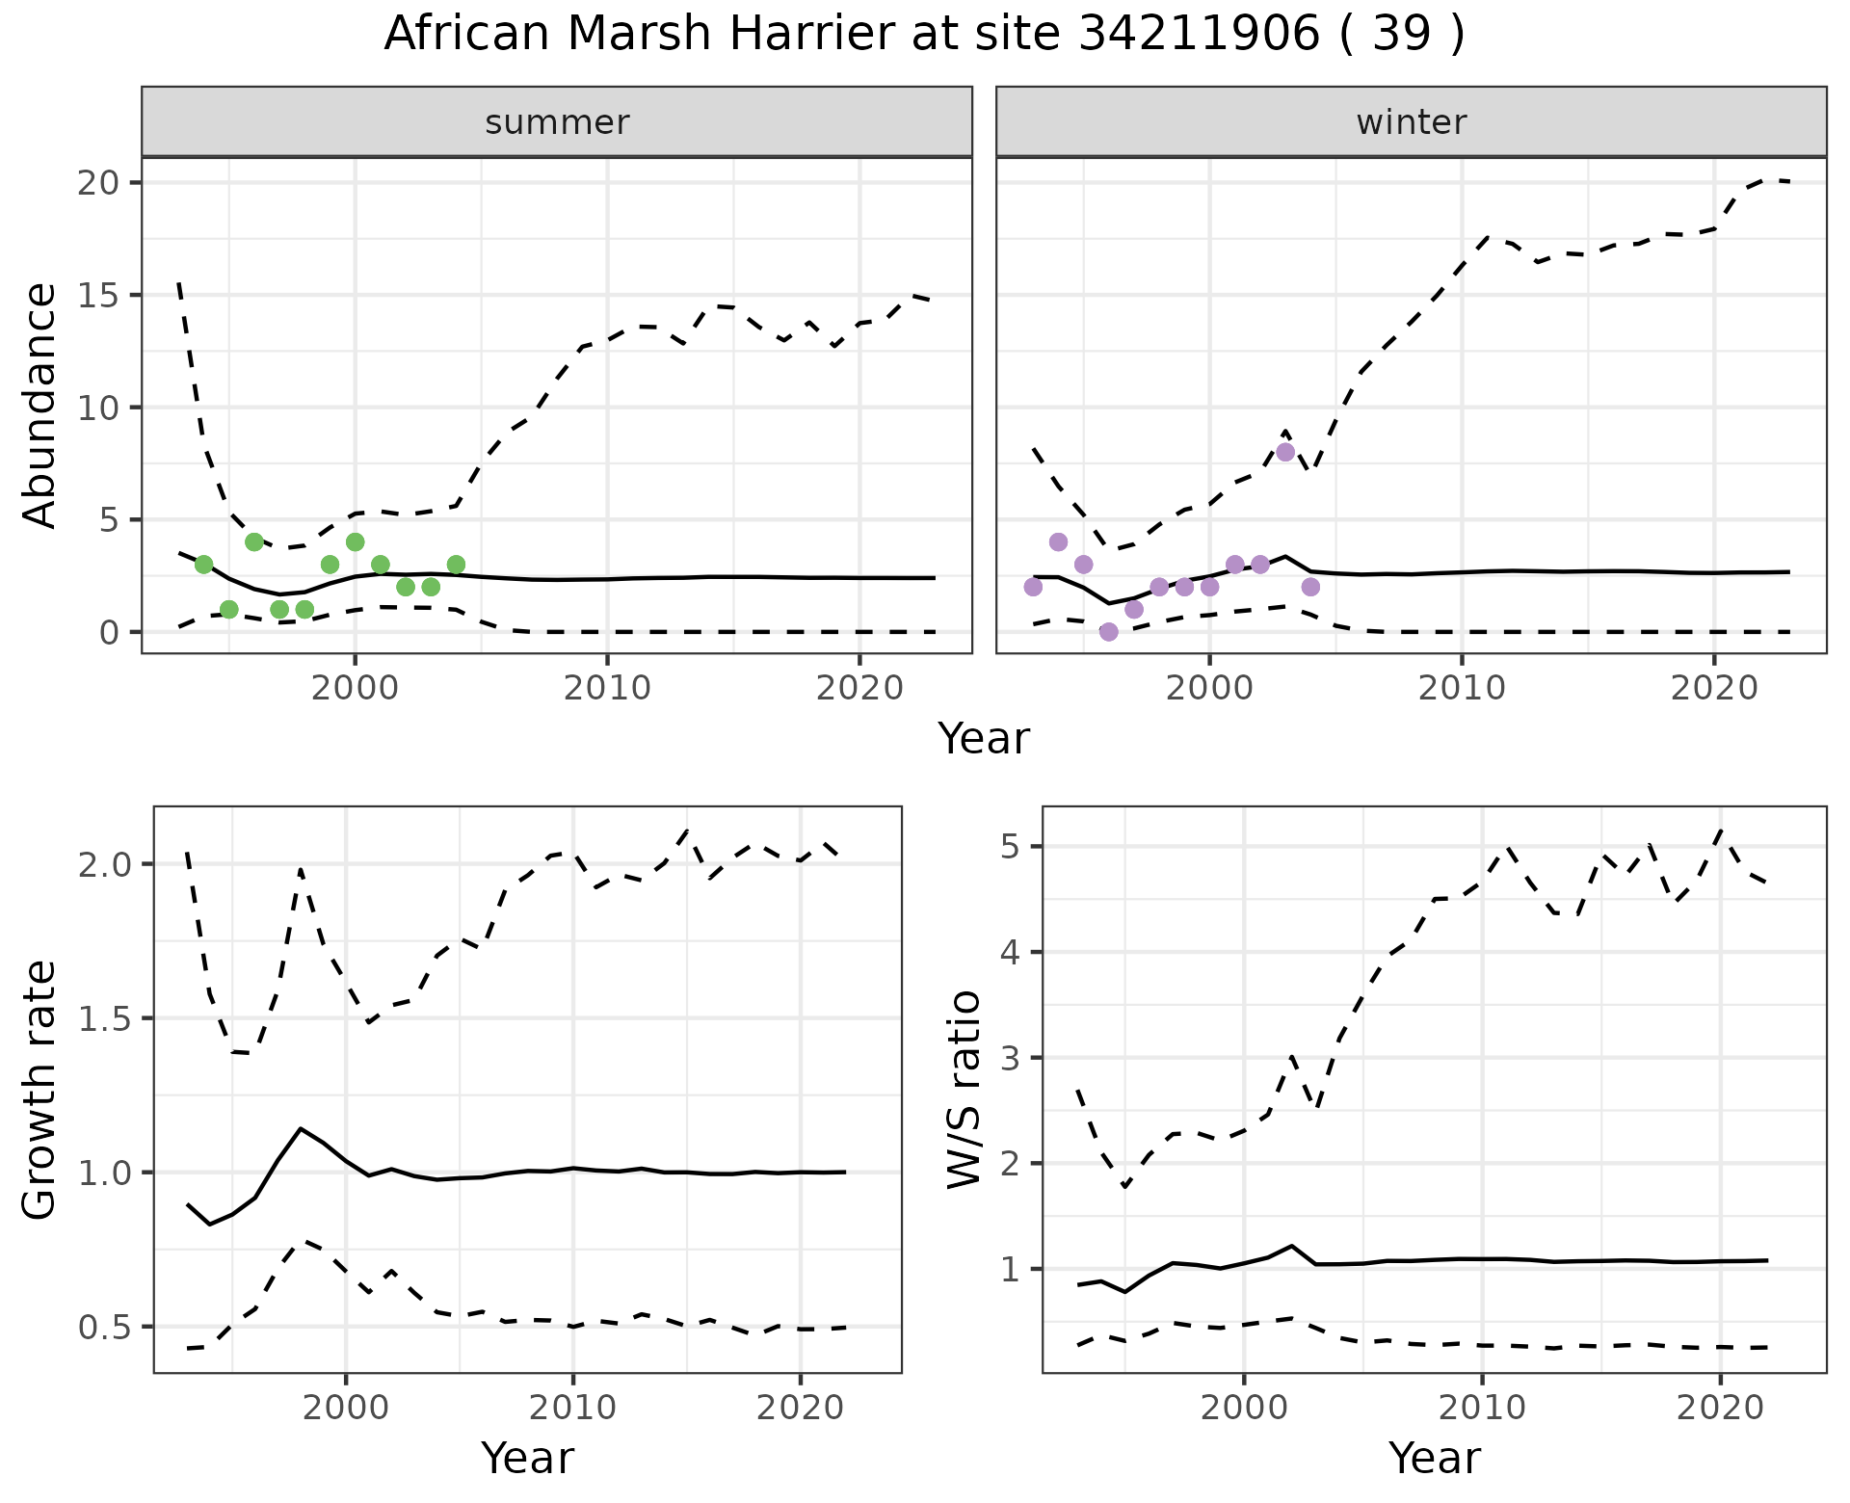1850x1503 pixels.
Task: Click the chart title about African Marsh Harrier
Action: coord(924,35)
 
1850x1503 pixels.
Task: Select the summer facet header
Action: coord(557,122)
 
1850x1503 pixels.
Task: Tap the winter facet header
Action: coord(1411,122)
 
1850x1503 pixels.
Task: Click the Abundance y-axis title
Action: coord(40,406)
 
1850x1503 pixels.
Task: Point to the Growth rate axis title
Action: coord(40,1091)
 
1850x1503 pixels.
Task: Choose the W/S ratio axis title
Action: coord(965,1091)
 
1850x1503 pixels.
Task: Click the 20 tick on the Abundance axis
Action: coord(96,183)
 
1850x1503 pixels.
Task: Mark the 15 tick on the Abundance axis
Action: coord(96,295)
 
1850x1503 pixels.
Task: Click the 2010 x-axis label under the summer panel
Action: coord(607,689)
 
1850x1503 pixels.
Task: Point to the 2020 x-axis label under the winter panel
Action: coord(1713,689)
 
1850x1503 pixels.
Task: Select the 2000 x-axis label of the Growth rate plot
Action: coord(346,1409)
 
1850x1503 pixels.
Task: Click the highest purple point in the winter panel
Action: coord(1285,452)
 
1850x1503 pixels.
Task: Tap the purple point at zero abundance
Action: coord(1109,632)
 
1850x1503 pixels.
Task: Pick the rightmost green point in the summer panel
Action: coord(456,565)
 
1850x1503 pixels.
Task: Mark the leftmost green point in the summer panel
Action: coord(203,565)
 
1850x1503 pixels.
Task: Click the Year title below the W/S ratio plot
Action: coord(1434,1459)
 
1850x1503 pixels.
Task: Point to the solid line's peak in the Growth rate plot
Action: coord(302,1128)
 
